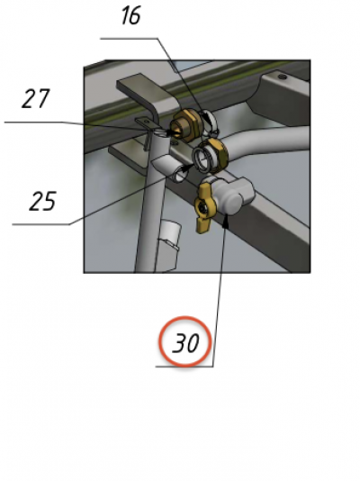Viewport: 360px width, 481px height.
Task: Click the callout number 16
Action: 131,16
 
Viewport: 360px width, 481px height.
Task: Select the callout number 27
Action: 35,98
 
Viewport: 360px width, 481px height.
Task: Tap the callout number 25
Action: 43,201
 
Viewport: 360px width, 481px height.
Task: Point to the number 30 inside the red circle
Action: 185,342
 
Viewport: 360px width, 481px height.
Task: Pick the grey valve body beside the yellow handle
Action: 234,195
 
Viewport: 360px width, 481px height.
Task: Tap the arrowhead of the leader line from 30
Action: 226,221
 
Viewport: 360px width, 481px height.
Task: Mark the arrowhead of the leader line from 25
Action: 187,168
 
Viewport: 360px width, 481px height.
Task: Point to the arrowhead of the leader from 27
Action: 173,132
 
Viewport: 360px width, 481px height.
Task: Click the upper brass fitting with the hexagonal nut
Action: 184,126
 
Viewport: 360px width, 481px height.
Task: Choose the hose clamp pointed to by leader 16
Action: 209,123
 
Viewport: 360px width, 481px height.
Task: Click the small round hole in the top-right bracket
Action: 283,77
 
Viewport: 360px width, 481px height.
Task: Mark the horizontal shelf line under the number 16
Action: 130,39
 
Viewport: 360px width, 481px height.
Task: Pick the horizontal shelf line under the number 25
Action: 41,224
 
